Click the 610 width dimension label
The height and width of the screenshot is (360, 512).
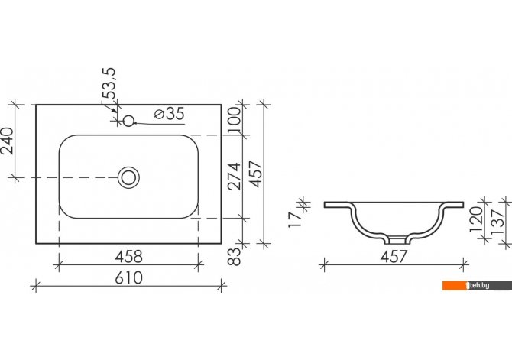tap(129, 278)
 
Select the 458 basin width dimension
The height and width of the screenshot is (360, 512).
tap(129, 257)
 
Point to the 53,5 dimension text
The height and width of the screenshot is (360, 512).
tap(109, 83)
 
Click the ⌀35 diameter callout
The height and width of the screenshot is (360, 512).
tap(169, 114)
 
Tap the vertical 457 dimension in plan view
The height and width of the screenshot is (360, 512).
tap(256, 174)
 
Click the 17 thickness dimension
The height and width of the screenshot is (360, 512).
tap(295, 219)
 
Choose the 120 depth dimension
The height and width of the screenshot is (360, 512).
tap(475, 219)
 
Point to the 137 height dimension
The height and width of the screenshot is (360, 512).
tap(497, 221)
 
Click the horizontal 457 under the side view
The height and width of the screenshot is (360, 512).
tap(394, 257)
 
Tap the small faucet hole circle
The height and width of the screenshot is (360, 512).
tap(128, 121)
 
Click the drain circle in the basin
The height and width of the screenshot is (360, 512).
tap(128, 177)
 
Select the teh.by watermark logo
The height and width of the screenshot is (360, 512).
tap(477, 286)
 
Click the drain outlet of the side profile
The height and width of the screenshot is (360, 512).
tap(397, 241)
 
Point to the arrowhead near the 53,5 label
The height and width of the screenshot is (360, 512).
tap(114, 110)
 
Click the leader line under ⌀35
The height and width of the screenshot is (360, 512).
tap(160, 124)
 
